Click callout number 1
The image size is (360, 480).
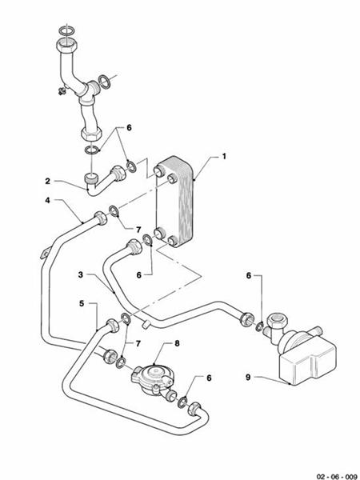pos(223,156)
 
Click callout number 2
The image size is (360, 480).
pos(48,182)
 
